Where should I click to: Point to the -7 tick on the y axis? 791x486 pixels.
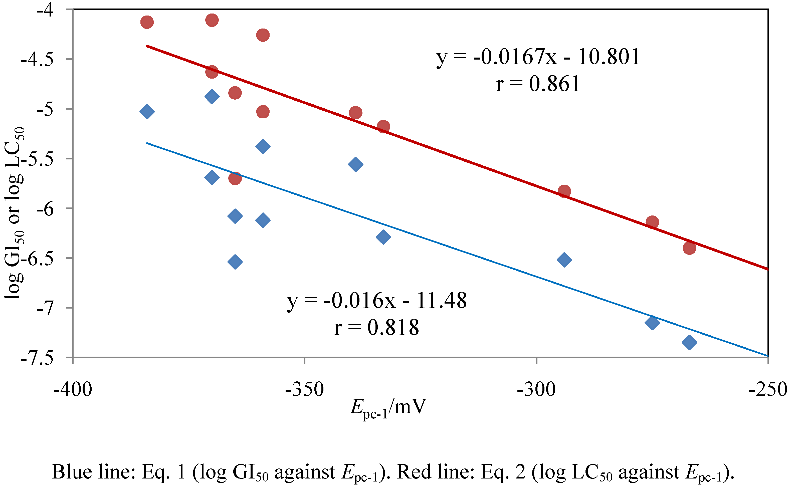[x=45, y=308]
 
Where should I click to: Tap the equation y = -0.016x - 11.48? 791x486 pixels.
[x=376, y=301]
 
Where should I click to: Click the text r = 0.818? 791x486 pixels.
[x=376, y=328]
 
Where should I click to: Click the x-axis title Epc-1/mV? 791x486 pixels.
[x=388, y=408]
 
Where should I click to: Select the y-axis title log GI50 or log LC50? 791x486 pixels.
[x=15, y=213]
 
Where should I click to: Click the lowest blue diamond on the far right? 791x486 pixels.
[x=689, y=342]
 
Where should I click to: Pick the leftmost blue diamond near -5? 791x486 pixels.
[x=147, y=112]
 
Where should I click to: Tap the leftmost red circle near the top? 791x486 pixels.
[x=147, y=22]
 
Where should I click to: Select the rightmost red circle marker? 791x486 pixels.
[x=689, y=248]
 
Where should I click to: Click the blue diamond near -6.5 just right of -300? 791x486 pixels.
[x=564, y=260]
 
